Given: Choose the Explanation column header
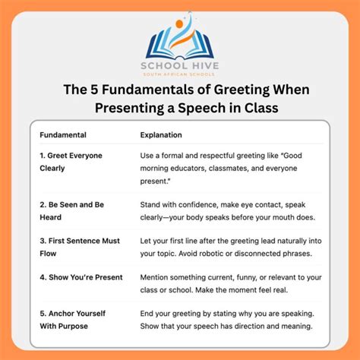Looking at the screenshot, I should pos(161,135).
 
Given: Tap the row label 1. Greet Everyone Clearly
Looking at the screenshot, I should pos(71,161).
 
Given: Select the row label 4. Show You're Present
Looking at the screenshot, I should pos(81,277).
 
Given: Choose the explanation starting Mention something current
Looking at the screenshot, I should pos(226,284).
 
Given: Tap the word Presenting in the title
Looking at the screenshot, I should pos(131,108).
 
